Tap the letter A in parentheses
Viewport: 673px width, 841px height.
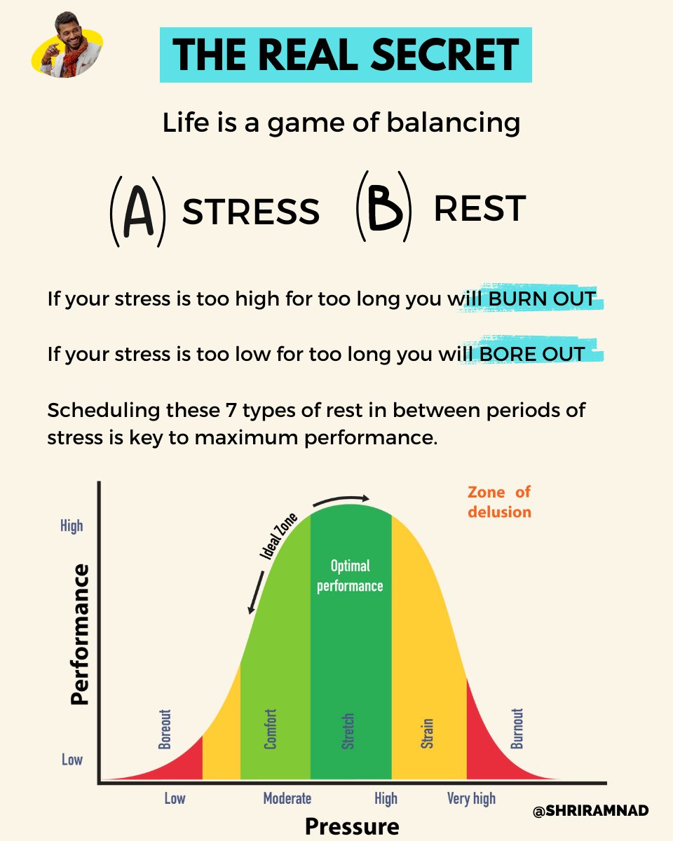pos(138,211)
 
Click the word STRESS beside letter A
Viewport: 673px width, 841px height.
pos(250,212)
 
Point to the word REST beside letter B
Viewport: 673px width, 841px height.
pos(480,209)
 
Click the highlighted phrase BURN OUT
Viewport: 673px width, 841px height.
pos(541,299)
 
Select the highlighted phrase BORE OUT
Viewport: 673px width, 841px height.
pos(531,353)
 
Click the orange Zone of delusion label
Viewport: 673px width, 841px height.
pos(499,502)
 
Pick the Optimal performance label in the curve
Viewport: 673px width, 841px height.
pos(350,575)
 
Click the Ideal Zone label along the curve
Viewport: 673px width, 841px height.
pos(278,536)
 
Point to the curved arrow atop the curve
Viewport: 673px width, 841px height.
pos(340,499)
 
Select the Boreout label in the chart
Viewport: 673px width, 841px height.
pos(165,729)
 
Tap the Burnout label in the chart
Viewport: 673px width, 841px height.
pos(517,729)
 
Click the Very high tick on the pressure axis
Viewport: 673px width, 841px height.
pos(471,798)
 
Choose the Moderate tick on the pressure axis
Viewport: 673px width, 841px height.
pos(287,798)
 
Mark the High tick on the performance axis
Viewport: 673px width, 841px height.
pos(72,526)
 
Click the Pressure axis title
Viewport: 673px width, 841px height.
pos(352,826)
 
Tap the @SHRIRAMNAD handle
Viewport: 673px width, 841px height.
pos(591,811)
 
